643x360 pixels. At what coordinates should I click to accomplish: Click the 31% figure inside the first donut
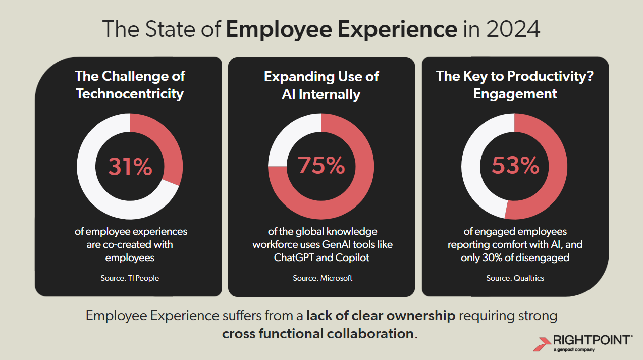(130, 167)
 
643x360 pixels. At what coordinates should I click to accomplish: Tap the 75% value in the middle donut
(321, 166)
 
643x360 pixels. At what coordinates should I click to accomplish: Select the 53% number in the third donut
(515, 166)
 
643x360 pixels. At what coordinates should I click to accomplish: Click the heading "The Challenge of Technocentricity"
(130, 85)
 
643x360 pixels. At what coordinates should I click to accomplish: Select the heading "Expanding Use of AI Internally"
(321, 85)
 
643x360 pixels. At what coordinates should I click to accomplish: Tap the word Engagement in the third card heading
(515, 94)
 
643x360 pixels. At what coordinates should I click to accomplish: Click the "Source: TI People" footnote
(130, 278)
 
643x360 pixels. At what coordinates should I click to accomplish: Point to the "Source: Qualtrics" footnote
(515, 278)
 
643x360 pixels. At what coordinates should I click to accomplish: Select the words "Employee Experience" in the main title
(341, 29)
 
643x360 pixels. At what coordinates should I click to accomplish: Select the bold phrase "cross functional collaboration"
(317, 334)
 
